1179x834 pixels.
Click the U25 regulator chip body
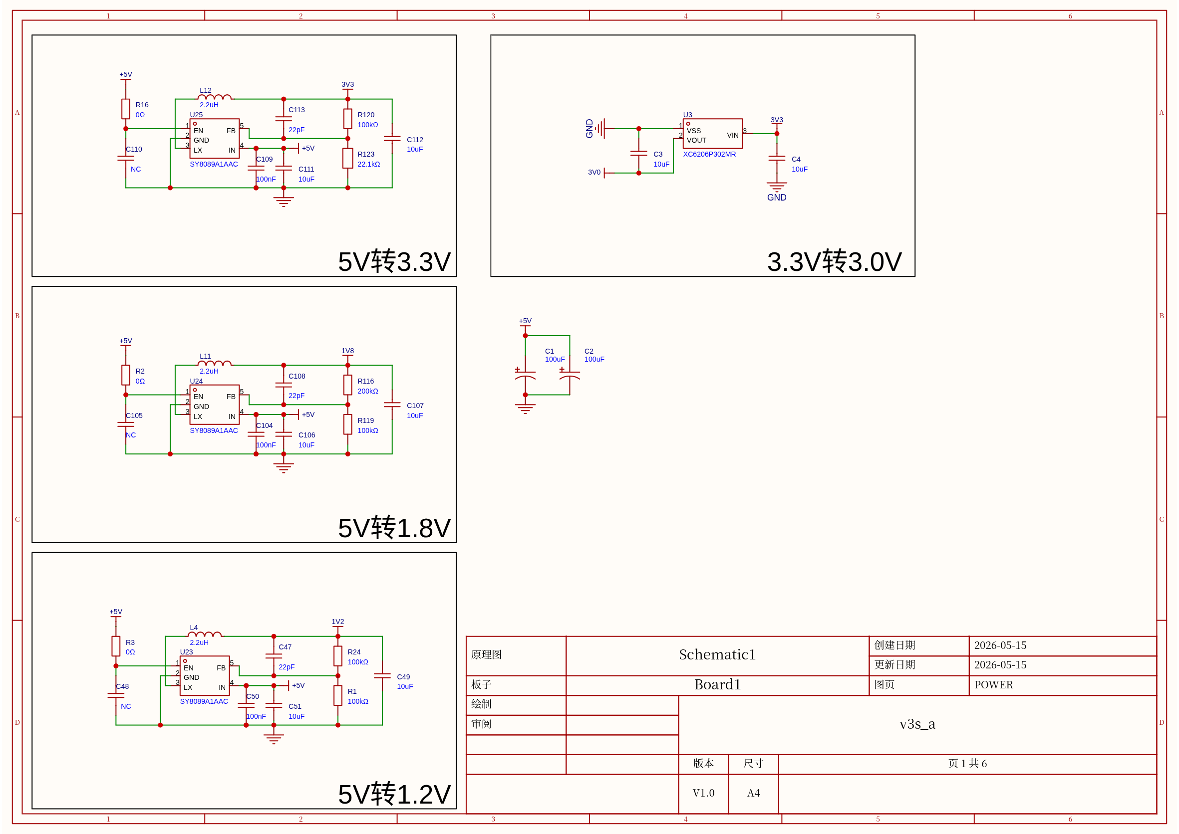coord(214,139)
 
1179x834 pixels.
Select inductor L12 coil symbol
coord(214,97)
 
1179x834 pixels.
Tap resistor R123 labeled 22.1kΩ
coord(347,158)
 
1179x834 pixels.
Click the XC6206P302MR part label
coord(709,154)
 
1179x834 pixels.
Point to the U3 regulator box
coord(712,134)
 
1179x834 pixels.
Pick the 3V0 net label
coord(594,173)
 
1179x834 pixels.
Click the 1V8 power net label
coord(347,351)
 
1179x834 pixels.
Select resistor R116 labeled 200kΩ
coord(347,385)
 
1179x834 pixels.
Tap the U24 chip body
coord(214,405)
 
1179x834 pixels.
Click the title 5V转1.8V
coord(394,527)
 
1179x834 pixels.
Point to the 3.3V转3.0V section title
coord(834,261)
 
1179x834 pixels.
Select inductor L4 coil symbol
coord(205,634)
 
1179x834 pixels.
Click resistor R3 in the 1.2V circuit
coord(116,646)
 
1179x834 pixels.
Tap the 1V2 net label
coord(337,622)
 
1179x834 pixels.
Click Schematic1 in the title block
coord(717,654)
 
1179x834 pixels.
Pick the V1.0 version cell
coord(703,793)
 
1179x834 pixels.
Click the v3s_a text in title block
coord(917,724)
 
